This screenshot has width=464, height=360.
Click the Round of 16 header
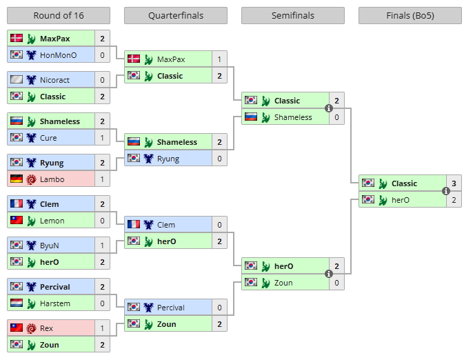(58, 16)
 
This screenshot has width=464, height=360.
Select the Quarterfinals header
(175, 16)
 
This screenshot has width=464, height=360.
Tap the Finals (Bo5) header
(410, 16)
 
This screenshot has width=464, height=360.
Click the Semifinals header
(292, 16)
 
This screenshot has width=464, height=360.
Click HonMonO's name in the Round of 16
(59, 55)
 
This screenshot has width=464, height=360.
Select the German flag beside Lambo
(16, 179)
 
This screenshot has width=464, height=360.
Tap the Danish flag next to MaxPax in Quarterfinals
(133, 59)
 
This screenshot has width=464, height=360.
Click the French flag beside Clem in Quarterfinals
(133, 225)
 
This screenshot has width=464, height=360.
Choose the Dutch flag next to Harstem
(16, 303)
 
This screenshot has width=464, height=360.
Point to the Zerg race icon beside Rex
(31, 328)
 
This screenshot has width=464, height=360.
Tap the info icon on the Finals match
(446, 192)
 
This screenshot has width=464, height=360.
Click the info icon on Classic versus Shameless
(329, 109)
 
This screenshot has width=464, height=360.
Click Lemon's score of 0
(103, 221)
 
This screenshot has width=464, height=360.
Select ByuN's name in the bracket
(50, 246)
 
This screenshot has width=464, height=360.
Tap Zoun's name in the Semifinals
(283, 283)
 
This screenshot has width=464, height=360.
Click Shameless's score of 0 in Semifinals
(337, 117)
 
